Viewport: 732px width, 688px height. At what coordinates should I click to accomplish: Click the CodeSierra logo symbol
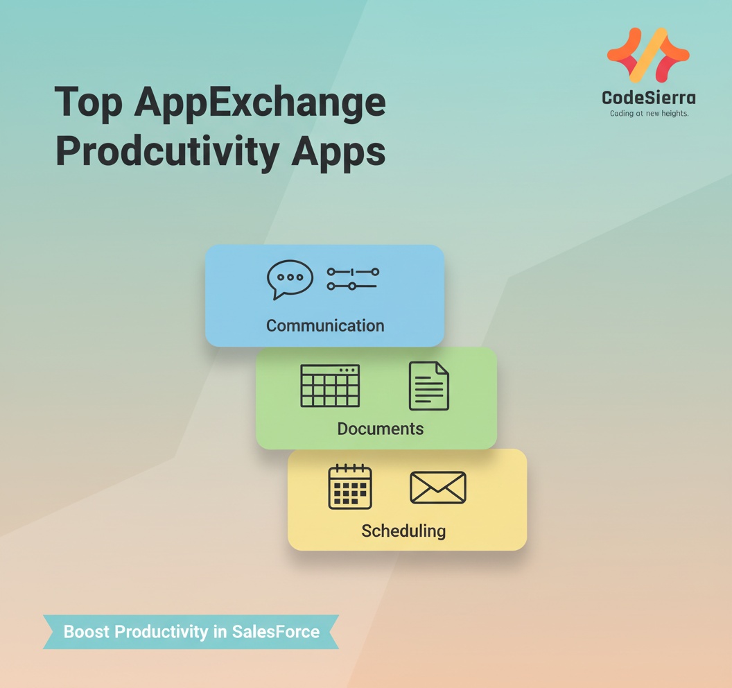pos(648,55)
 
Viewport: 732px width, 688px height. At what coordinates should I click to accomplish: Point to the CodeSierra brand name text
pos(649,98)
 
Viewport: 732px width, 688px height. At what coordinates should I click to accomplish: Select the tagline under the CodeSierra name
pos(649,113)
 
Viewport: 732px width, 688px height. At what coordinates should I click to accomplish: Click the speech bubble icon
pos(290,279)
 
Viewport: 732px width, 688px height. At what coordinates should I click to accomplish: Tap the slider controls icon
pos(353,278)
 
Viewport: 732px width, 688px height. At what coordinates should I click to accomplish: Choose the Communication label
pos(325,325)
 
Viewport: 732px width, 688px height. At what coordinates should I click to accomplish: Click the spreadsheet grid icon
pos(330,386)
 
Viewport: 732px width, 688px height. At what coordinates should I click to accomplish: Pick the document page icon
pos(429,386)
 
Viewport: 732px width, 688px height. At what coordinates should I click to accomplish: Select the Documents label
pos(380,429)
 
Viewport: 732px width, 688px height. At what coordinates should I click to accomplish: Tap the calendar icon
pos(350,487)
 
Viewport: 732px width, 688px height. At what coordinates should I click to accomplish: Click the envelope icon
pos(438,487)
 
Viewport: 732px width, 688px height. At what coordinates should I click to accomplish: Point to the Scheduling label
pos(403,531)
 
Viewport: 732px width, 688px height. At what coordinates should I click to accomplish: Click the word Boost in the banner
pos(87,632)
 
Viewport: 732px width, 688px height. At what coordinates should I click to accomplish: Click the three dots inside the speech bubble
pos(290,277)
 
